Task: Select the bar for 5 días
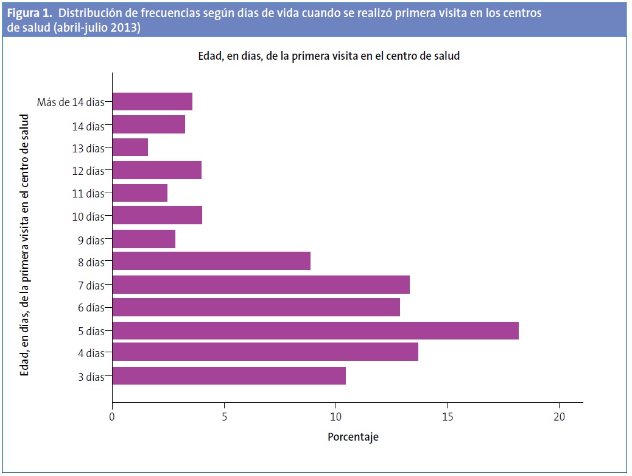tap(315, 330)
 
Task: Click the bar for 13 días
tap(130, 147)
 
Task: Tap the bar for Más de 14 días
tap(152, 101)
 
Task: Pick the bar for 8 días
tap(211, 261)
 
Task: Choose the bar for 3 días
tap(229, 375)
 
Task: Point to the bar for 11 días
tap(140, 193)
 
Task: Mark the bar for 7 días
tap(261, 285)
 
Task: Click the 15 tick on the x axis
tap(448, 417)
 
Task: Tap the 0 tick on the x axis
tap(112, 417)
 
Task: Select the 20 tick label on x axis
tap(559, 417)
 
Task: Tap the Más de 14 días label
tap(71, 102)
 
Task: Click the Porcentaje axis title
tap(353, 437)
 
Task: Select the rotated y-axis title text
tap(25, 244)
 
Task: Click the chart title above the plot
tap(329, 56)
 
